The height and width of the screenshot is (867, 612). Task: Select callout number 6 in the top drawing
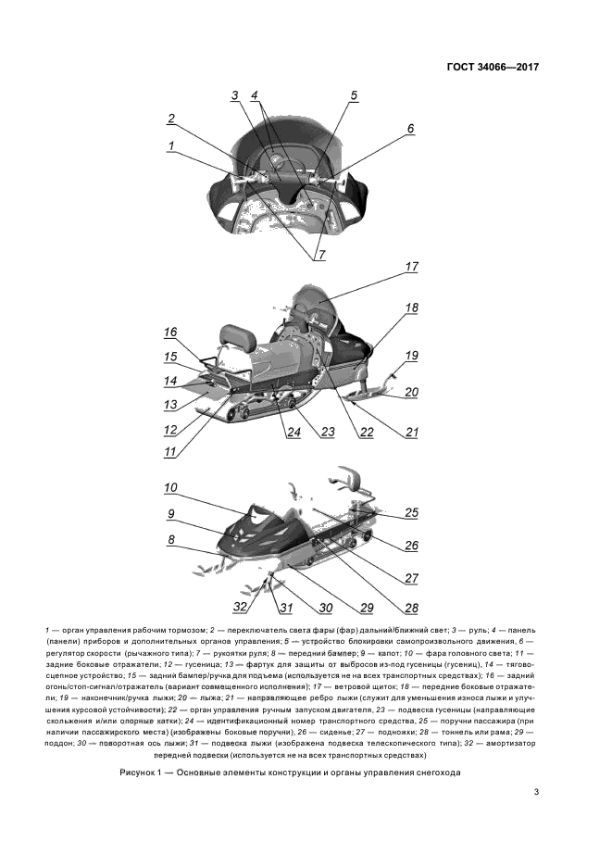410,129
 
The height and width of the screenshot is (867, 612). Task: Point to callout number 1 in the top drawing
170,145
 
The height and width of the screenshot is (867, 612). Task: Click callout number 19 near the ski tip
412,356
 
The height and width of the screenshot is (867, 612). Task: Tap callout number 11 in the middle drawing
170,453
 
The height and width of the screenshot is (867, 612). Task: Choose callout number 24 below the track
293,433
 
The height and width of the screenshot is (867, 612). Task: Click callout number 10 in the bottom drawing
170,488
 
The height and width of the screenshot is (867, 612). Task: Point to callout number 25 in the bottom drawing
411,512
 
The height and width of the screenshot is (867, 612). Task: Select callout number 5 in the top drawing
353,96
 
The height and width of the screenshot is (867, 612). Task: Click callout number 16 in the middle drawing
170,333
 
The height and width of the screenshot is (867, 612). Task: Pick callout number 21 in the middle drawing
411,433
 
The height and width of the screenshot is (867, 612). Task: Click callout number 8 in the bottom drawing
170,539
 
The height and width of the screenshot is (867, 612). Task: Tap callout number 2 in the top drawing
170,119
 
